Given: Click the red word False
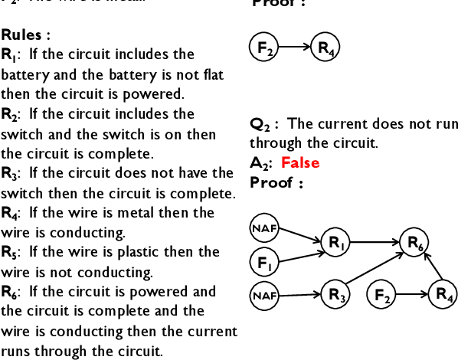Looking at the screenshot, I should tap(300, 162).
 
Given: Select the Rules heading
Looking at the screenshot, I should tap(25, 34).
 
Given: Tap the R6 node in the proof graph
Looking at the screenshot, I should tap(415, 244).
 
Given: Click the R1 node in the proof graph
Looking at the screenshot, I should tap(335, 243).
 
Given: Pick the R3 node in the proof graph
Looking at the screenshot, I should tap(335, 293).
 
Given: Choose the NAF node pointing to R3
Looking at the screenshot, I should tap(264, 293).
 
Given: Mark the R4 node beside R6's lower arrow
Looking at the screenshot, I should tap(443, 293).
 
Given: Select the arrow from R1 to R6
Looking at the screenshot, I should tap(375, 243).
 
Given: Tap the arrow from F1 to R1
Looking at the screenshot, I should tap(299, 253).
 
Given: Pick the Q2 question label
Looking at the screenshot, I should tap(263, 124).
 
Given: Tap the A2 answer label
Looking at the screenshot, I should tap(262, 163).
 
